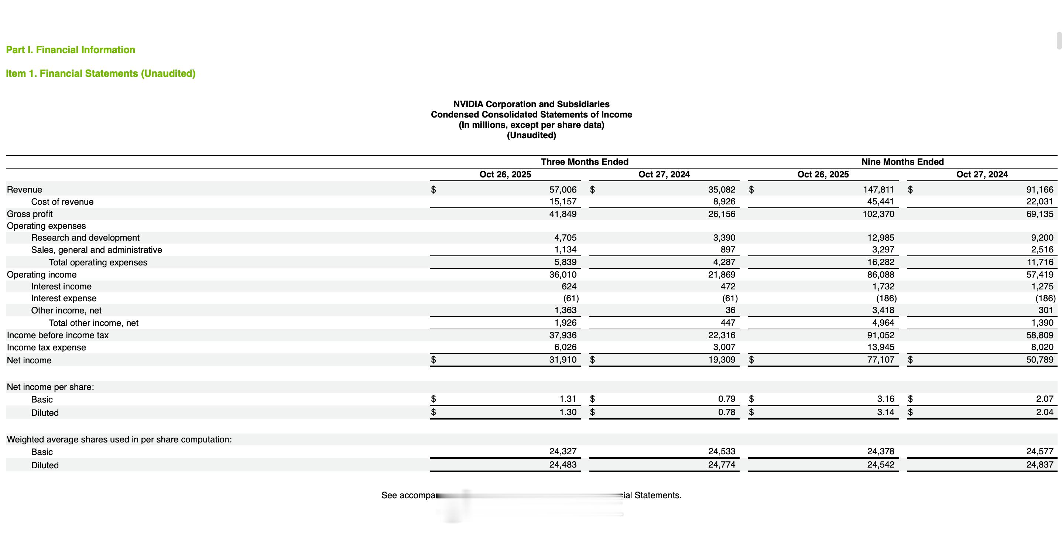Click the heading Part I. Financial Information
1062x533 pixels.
point(71,50)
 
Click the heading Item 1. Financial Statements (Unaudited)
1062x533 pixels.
point(100,74)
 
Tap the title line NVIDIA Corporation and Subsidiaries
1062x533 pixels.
point(531,104)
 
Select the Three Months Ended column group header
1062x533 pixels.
point(584,162)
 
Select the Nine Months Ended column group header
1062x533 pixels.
point(902,162)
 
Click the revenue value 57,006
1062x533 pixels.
point(563,189)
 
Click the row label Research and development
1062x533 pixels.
point(85,238)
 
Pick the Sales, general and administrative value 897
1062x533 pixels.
point(728,249)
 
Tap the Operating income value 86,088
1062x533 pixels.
point(881,274)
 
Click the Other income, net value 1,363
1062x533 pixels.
point(565,310)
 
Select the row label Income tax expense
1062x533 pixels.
point(46,347)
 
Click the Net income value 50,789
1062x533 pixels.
point(1039,360)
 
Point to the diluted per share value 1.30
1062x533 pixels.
point(568,412)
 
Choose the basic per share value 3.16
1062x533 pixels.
point(885,399)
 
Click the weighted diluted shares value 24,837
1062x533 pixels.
point(1039,465)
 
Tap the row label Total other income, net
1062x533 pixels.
point(93,323)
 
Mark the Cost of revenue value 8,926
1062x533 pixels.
point(724,202)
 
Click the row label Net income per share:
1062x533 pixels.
point(50,387)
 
